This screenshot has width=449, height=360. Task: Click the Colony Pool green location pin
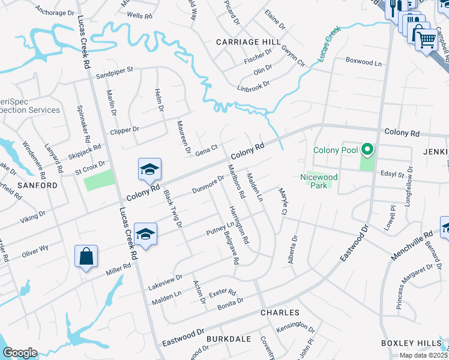[x=366, y=149]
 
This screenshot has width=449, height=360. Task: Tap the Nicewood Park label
[x=319, y=181]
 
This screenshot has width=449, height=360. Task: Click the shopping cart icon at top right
[x=427, y=41]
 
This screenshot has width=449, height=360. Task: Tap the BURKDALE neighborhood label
[x=228, y=339]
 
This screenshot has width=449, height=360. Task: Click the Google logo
[x=20, y=353]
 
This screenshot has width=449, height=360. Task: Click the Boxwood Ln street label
[x=364, y=62]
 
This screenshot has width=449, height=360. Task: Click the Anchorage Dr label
[x=55, y=11]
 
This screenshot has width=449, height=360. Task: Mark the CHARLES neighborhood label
[x=280, y=313]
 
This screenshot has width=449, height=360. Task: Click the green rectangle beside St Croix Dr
[x=98, y=180]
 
